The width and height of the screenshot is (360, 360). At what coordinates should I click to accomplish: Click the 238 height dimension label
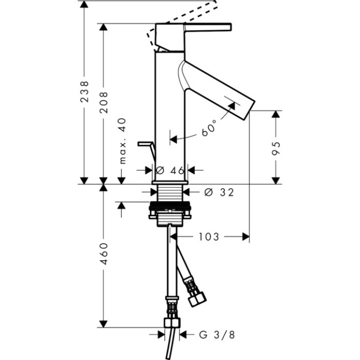(x=84, y=92)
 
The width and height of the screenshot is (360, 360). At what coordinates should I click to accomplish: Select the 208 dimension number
(x=103, y=102)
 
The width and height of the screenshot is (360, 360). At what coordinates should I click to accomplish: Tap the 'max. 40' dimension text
(x=123, y=141)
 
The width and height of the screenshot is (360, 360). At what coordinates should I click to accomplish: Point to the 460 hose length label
(x=104, y=254)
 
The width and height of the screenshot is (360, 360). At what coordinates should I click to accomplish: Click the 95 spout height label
(x=276, y=148)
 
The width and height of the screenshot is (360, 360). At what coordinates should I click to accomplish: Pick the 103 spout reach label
(x=209, y=237)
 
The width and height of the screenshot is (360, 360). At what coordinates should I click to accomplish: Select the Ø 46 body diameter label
(x=170, y=170)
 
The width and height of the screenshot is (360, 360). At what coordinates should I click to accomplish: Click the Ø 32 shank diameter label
(x=219, y=192)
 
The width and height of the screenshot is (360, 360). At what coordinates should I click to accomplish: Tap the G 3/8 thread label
(x=217, y=335)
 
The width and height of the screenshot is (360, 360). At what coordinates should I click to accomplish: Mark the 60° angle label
(x=209, y=128)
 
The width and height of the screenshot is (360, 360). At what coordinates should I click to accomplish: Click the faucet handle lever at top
(x=208, y=27)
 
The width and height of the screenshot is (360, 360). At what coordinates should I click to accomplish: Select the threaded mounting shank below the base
(x=169, y=193)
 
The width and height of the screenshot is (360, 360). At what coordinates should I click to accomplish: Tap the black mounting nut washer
(x=170, y=206)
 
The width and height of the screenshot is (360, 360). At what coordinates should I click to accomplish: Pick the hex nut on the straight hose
(x=172, y=322)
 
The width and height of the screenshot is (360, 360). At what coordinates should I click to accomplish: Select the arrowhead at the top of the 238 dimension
(x=84, y=4)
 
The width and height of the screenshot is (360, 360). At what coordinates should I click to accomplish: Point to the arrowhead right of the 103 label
(x=246, y=237)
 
